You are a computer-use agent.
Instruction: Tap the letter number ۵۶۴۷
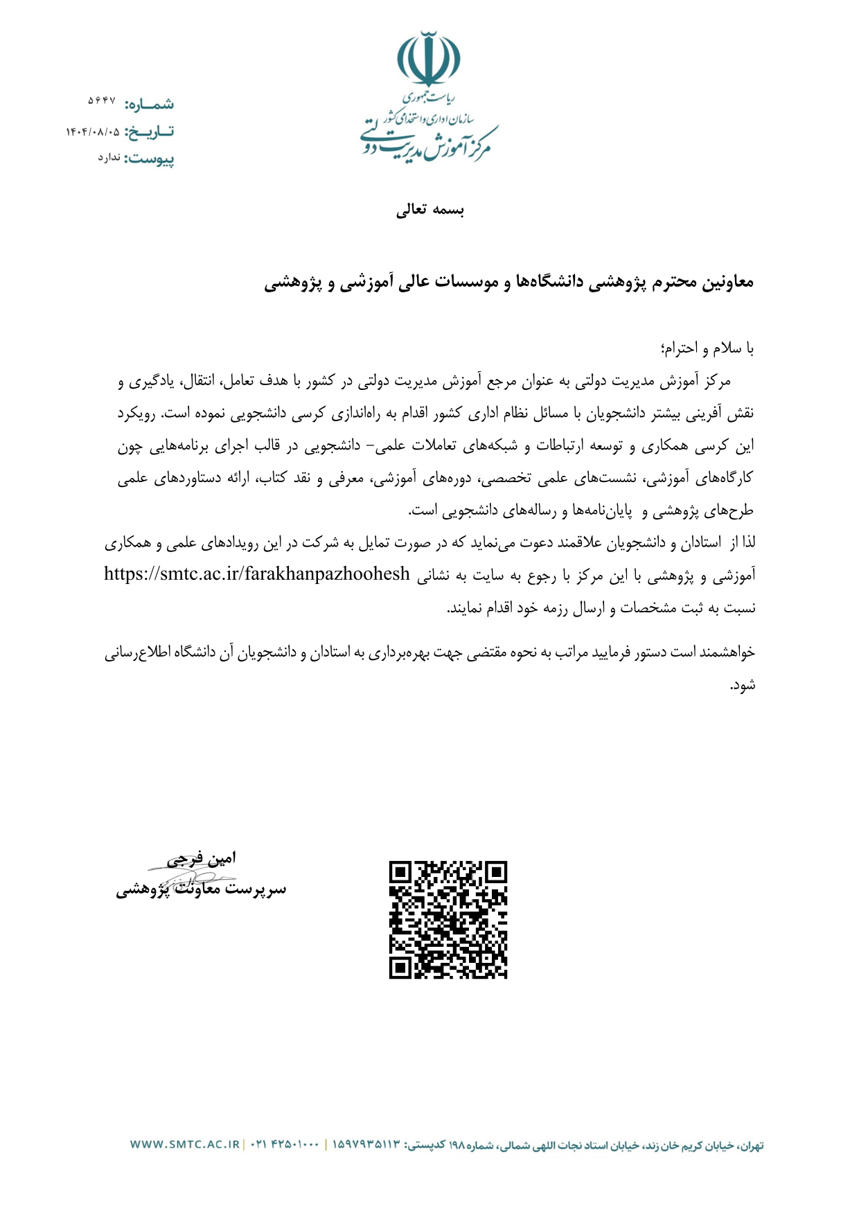pos(101,102)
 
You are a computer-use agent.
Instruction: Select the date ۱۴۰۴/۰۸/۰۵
pos(93,132)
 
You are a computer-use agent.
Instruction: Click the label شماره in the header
pos(150,105)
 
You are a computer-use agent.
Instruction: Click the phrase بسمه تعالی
pos(429,209)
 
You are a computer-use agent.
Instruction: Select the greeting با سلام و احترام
pos(707,348)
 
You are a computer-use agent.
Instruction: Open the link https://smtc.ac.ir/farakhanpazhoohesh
pos(257,574)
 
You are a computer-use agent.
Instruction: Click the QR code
pos(448,919)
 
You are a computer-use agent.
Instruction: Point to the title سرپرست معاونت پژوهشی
pos(201,889)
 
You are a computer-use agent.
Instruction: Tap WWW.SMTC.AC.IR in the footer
pos(185,1145)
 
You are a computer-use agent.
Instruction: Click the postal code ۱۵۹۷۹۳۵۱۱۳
pos(366,1145)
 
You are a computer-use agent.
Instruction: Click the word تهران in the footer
pos(751,1146)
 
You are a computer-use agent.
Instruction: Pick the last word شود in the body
pos(742,685)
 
